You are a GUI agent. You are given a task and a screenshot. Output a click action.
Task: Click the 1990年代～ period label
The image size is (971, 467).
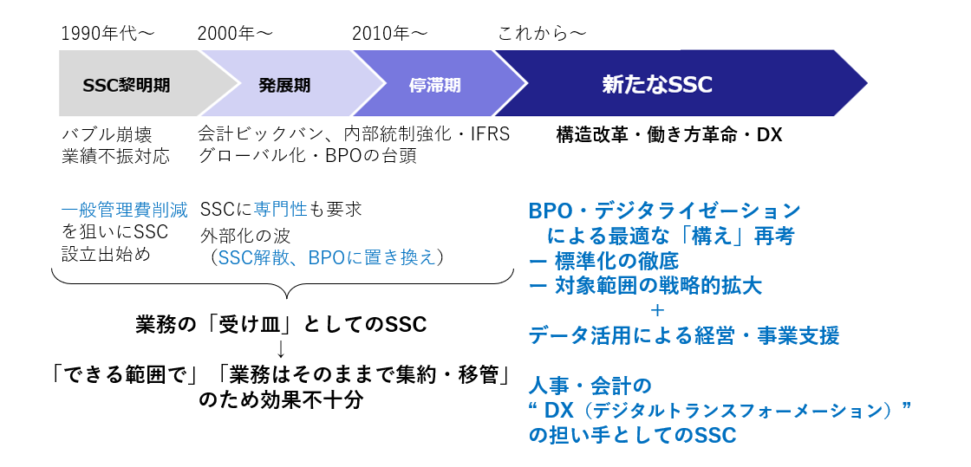coord(108,34)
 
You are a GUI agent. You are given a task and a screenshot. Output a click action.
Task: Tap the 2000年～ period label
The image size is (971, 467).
coord(235,34)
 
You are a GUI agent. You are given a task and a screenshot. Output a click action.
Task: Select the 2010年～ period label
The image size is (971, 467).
coord(389,34)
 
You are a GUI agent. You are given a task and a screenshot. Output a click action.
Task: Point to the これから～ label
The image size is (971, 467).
coord(542,34)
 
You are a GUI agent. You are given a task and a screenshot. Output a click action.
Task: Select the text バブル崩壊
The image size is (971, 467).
coord(107,135)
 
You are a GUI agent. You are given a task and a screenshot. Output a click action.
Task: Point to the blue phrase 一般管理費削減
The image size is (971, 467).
coord(125,211)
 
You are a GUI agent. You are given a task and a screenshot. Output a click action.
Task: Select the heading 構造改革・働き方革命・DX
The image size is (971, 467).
coord(669,135)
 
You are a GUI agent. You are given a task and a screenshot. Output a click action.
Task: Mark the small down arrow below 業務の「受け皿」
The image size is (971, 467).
coord(281,349)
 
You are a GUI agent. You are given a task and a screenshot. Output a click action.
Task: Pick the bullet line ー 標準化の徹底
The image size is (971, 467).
coord(603,261)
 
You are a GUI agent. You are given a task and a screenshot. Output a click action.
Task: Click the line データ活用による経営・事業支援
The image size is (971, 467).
coord(684,335)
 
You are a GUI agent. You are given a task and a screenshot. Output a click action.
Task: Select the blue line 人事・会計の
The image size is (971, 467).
coord(590,386)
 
